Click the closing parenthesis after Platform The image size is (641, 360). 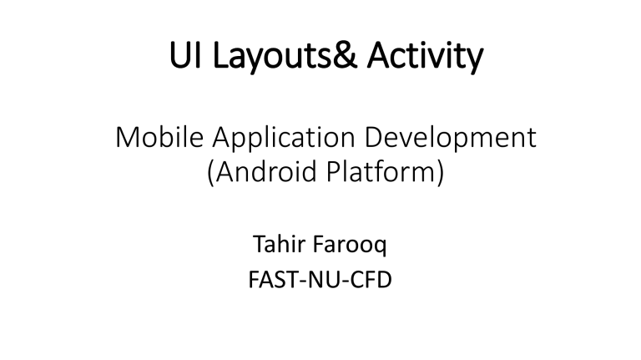click(x=437, y=175)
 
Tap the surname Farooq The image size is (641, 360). click(x=355, y=246)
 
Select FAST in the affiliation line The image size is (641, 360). click(x=274, y=279)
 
